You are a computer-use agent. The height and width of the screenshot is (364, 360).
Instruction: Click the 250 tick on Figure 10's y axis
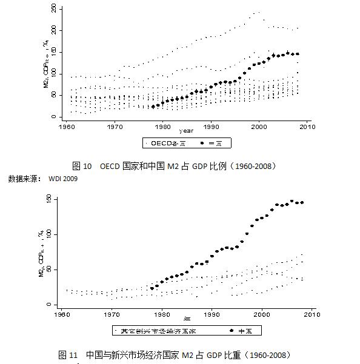pos(54,8)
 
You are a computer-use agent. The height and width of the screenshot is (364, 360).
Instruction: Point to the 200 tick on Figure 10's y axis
pos(54,30)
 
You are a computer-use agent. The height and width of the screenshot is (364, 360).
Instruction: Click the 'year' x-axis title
pos(186,131)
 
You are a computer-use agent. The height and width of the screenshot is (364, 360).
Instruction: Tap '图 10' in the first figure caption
pos(81,166)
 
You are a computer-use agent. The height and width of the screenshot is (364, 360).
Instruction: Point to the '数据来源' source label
pos(24,179)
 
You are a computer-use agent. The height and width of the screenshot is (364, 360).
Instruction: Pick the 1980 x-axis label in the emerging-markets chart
pos(162,315)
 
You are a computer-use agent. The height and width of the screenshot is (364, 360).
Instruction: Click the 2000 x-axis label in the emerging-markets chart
pos(262,315)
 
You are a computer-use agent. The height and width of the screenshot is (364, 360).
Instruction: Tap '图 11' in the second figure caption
pos(68,354)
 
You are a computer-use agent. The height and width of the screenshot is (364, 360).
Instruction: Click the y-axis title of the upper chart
pos(44,64)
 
